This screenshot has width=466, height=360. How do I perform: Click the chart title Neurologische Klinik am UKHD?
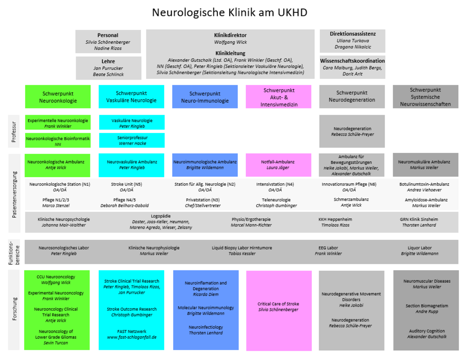(x=229, y=12)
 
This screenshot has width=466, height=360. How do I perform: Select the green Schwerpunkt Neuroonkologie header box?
(x=58, y=97)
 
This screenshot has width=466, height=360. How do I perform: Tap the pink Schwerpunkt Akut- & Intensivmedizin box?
(x=278, y=97)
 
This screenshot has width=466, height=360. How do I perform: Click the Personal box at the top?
(x=108, y=41)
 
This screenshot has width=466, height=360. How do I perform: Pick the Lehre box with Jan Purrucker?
(x=108, y=68)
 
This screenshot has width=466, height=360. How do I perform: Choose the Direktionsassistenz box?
(x=352, y=41)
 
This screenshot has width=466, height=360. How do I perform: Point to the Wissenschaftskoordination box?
(x=352, y=67)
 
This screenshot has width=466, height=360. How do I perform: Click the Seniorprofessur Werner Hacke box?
(x=132, y=140)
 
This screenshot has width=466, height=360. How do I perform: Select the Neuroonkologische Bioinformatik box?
(x=58, y=141)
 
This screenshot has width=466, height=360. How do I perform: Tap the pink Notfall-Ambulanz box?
(x=278, y=165)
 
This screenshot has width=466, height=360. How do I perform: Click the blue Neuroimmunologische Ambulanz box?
(x=205, y=165)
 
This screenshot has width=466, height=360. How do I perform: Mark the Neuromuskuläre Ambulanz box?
(x=426, y=165)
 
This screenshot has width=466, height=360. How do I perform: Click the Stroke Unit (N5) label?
(x=127, y=184)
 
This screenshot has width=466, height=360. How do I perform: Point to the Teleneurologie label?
(x=276, y=200)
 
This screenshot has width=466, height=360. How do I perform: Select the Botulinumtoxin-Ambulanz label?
(x=424, y=184)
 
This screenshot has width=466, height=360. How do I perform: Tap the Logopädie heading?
(x=161, y=216)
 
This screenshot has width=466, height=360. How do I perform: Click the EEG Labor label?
(x=328, y=248)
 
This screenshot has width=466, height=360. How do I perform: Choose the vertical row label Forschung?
(x=14, y=309)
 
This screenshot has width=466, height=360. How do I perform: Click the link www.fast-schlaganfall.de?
(x=132, y=337)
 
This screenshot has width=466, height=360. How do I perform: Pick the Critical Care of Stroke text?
(x=278, y=304)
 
